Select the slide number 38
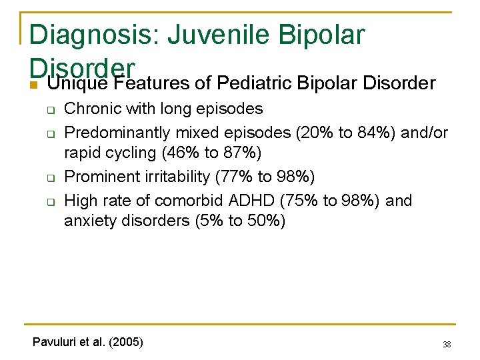click(x=447, y=345)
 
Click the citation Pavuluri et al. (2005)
click(x=87, y=342)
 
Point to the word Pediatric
click(x=257, y=83)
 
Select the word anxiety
click(x=91, y=221)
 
